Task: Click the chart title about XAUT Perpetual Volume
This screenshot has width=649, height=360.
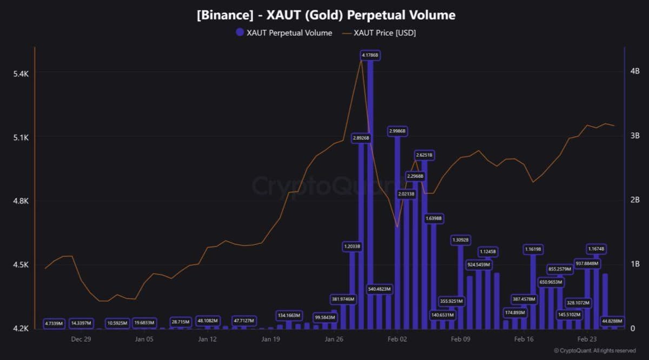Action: (x=326, y=15)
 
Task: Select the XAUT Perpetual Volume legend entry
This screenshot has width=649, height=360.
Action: (x=284, y=33)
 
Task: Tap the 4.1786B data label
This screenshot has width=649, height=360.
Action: (x=370, y=55)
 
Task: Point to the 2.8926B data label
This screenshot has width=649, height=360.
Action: (x=361, y=138)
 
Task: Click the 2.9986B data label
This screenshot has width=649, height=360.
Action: (x=397, y=131)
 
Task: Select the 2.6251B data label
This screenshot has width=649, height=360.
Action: (x=424, y=155)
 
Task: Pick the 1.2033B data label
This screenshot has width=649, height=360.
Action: (x=352, y=246)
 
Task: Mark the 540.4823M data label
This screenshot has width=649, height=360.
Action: (x=379, y=289)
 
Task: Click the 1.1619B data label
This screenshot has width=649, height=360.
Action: (x=533, y=249)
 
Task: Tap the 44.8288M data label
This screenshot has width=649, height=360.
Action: (x=612, y=321)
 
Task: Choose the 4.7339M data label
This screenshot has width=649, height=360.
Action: (x=54, y=324)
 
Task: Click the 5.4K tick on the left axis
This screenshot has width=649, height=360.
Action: (x=21, y=74)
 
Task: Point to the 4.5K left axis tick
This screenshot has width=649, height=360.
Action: (x=21, y=265)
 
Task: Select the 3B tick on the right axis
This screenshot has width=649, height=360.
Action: (x=634, y=135)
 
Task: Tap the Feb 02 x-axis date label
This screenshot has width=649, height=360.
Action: (x=397, y=339)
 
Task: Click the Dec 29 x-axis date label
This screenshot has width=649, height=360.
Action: (x=81, y=339)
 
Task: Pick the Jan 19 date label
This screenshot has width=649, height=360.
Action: (x=270, y=339)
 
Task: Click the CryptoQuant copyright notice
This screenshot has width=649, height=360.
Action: (x=594, y=351)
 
